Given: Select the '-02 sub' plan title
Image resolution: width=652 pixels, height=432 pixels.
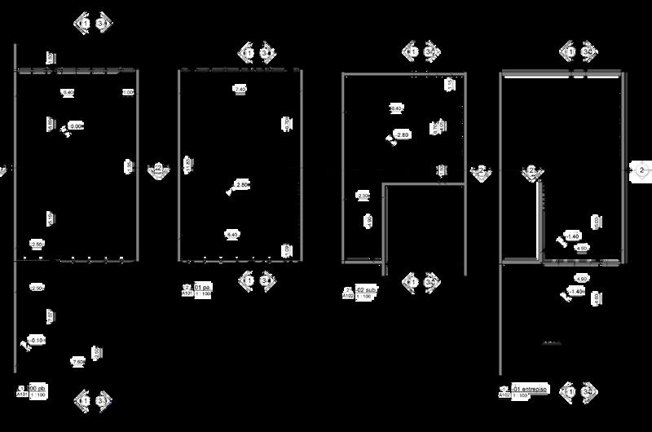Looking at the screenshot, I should tap(363, 289).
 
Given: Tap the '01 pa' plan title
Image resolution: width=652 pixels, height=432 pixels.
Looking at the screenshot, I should tap(201, 287).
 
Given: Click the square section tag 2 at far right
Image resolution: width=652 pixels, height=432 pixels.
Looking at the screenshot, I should tap(641, 170).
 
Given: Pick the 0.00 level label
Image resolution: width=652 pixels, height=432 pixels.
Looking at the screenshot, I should tap(76, 126).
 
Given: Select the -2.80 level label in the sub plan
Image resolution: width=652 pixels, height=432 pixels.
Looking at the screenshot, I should tap(402, 134).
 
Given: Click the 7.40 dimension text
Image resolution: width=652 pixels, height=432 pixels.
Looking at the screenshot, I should tap(239, 88).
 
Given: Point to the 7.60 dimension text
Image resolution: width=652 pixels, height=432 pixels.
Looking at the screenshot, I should tap(78, 361).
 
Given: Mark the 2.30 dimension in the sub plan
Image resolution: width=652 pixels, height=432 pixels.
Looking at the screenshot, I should tap(363, 196).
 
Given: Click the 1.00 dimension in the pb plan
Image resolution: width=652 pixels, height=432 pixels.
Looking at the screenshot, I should tap(128, 93).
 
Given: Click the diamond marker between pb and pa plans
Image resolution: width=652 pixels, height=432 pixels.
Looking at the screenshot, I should tap(157, 169).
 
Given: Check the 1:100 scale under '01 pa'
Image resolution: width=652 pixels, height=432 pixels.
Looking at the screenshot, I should tap(203, 293).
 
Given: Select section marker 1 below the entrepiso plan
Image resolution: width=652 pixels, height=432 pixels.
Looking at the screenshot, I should tap(573, 392).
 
